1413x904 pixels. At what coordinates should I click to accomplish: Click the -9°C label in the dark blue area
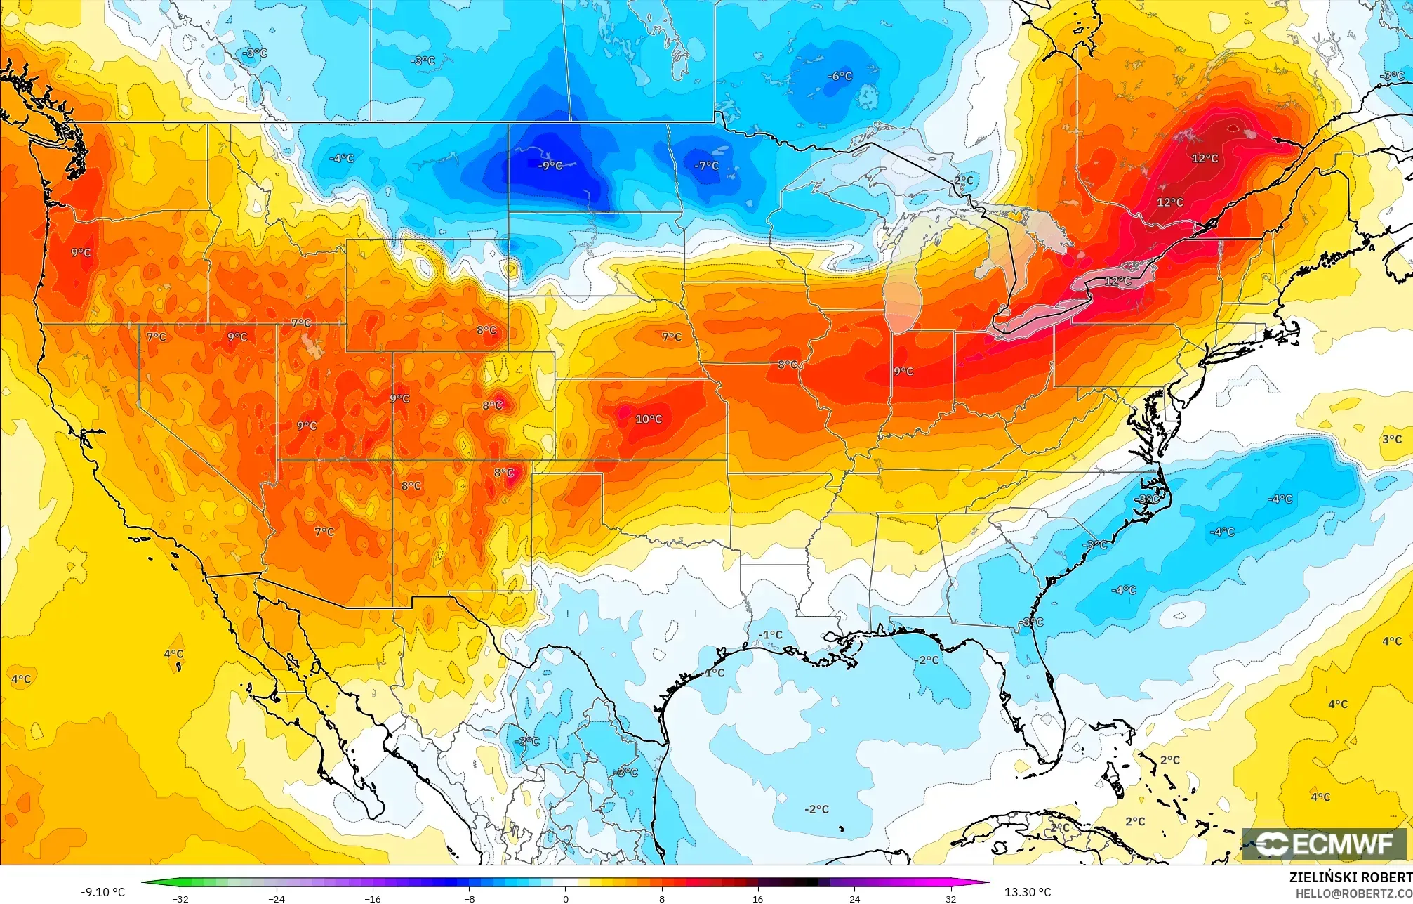click(550, 166)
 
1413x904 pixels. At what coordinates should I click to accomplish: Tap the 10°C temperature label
click(649, 419)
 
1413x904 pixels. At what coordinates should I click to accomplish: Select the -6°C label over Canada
click(840, 76)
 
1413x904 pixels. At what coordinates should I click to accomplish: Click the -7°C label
click(706, 166)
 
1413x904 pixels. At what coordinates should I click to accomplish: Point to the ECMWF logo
click(1325, 844)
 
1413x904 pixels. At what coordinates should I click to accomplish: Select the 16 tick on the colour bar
click(757, 898)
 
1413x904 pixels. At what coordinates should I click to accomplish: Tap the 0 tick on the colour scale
click(566, 898)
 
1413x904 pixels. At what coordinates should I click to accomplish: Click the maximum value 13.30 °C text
click(1028, 892)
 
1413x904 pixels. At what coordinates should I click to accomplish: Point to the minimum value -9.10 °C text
click(102, 892)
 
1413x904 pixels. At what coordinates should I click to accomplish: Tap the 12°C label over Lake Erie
click(1118, 281)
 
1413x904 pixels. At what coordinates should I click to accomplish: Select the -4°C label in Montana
click(342, 159)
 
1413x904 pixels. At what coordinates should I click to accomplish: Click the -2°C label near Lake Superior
click(963, 181)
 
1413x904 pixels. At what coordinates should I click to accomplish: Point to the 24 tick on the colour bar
click(854, 898)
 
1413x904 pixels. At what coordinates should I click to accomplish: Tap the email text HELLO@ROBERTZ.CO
click(1353, 893)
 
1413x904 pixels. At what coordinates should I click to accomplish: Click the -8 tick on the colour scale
click(469, 898)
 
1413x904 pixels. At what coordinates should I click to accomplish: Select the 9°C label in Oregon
click(81, 252)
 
